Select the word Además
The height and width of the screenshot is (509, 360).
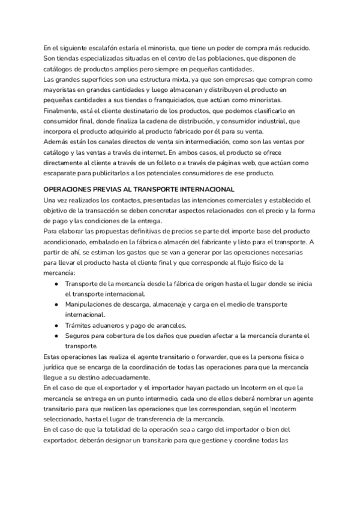tap(56, 142)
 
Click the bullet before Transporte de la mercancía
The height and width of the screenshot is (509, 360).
tap(56, 283)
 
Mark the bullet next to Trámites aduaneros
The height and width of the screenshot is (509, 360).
tap(56, 325)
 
